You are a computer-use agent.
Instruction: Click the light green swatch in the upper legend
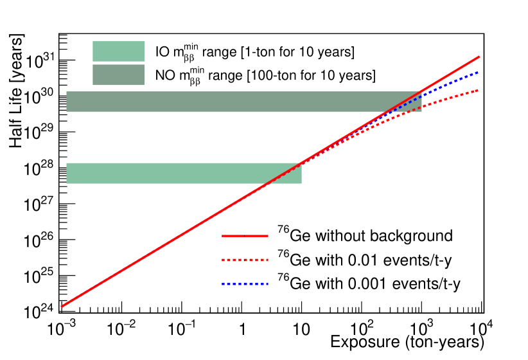click(118, 51)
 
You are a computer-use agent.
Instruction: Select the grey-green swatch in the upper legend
click(118, 75)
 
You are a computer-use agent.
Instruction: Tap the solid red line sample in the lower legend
click(245, 236)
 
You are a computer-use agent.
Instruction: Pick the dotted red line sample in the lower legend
click(245, 260)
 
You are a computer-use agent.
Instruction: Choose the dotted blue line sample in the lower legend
click(245, 283)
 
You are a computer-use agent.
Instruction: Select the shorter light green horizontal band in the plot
click(183, 173)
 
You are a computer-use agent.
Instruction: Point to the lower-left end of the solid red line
click(62, 306)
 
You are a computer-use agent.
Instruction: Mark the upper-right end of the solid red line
click(479, 57)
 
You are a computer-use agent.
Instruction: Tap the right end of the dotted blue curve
click(478, 73)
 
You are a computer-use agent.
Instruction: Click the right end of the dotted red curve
click(478, 91)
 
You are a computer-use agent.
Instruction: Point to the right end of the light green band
click(301, 173)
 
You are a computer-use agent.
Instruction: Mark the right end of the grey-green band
click(421, 102)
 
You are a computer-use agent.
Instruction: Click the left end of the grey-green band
click(67, 102)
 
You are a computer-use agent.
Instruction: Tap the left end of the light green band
click(67, 173)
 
